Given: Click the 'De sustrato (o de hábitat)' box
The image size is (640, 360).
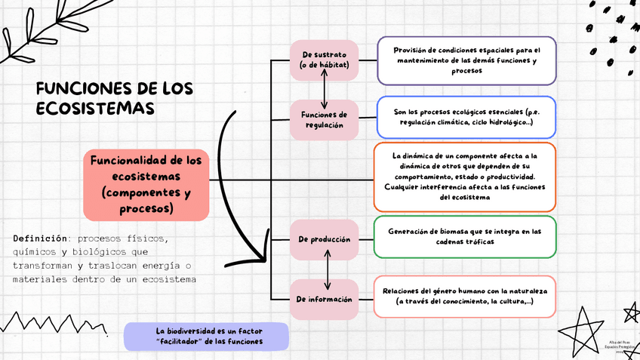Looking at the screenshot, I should click(324, 60).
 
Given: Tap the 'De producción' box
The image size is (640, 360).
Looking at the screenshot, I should click(324, 238).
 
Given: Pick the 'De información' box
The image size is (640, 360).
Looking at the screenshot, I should click(324, 299).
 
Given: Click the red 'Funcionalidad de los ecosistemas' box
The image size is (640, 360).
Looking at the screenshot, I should click(146, 184).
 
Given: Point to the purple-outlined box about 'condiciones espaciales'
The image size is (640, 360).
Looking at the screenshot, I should click(466, 60).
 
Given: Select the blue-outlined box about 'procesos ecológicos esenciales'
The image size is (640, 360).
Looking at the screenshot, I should click(466, 117).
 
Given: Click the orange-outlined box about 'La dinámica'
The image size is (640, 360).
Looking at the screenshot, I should click(465, 177).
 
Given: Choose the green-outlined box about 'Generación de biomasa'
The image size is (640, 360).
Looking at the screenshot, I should click(465, 236).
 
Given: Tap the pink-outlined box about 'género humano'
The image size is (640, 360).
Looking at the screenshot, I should click(465, 296).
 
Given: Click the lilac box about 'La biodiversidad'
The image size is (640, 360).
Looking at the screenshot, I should click(206, 336).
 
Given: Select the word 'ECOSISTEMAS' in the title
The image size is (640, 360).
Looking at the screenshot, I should click(95, 109).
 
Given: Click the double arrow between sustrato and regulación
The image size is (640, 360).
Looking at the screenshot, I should click(325, 90).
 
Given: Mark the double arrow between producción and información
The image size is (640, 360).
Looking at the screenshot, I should click(328, 269).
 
